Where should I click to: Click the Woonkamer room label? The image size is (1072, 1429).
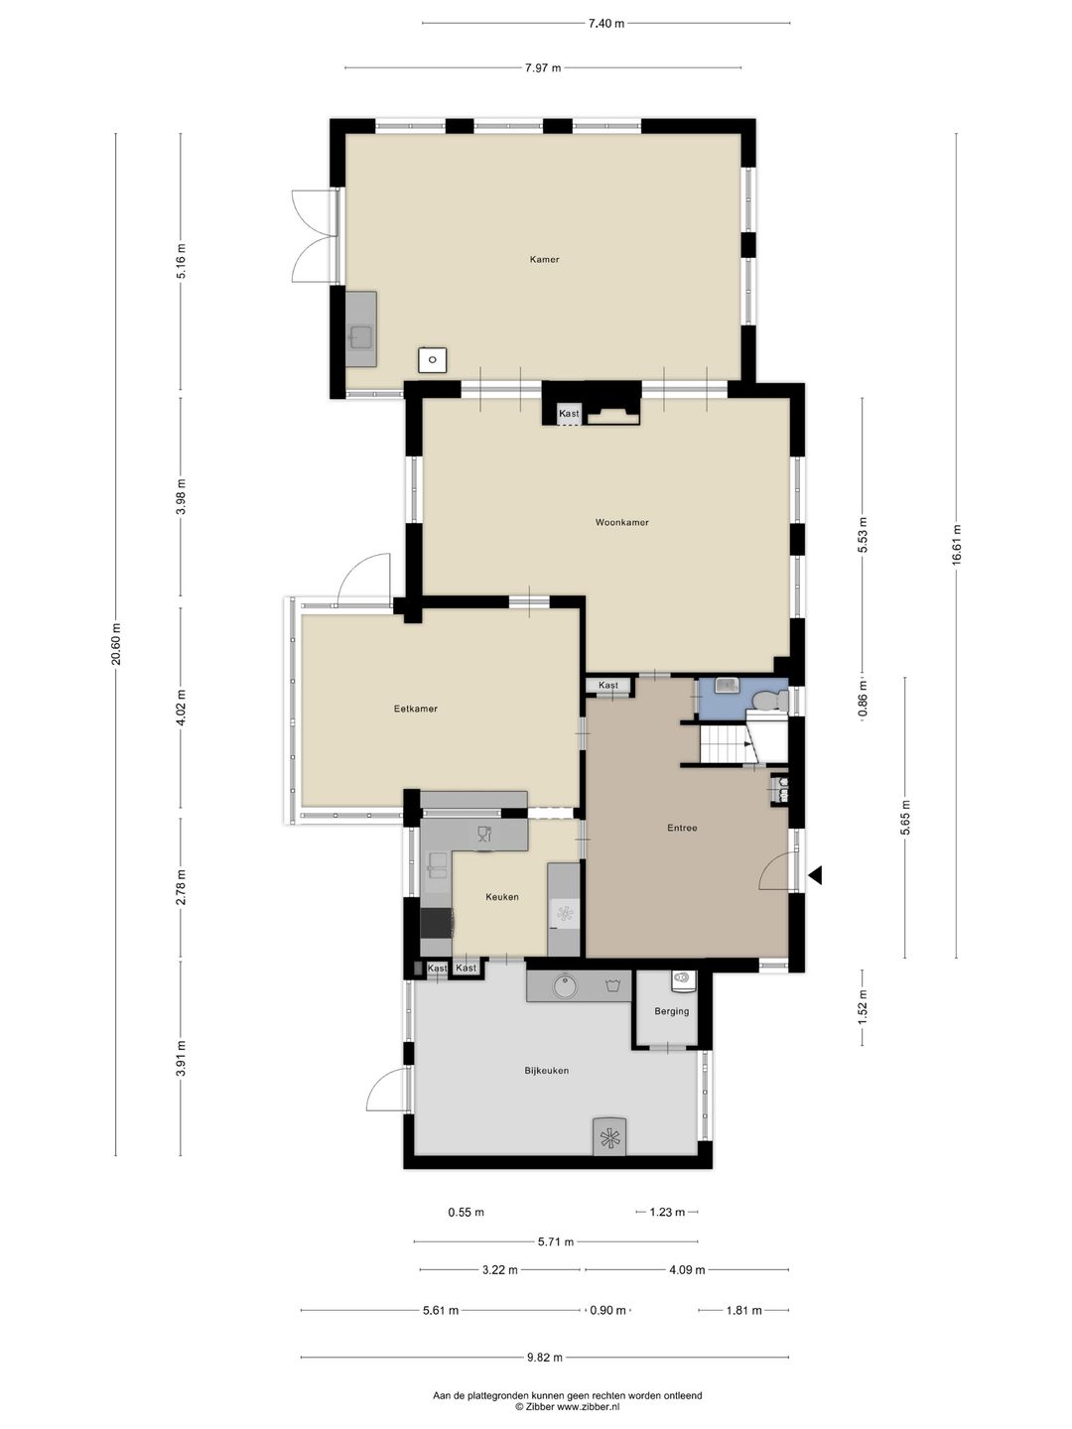tap(621, 522)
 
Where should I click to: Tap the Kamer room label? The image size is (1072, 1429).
tap(544, 260)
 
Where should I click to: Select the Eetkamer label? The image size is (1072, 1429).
tap(415, 709)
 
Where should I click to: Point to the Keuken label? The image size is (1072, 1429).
tap(501, 897)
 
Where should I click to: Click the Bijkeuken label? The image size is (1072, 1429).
tap(546, 1071)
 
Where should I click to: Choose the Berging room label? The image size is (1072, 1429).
tap(671, 1011)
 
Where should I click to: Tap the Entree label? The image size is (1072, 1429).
tap(682, 828)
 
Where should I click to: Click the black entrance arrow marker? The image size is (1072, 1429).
tap(816, 875)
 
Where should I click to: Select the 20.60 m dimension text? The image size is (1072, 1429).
tap(116, 646)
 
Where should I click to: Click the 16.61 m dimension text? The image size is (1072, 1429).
tap(956, 545)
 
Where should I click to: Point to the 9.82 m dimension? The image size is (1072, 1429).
tap(544, 1358)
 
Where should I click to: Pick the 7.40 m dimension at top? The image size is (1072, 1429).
tap(605, 23)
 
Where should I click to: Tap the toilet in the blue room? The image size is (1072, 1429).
tap(767, 702)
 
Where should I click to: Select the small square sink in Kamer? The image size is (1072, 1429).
tap(432, 359)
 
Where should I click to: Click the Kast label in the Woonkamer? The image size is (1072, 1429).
tap(569, 413)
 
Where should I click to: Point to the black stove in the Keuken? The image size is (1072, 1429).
tap(437, 923)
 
